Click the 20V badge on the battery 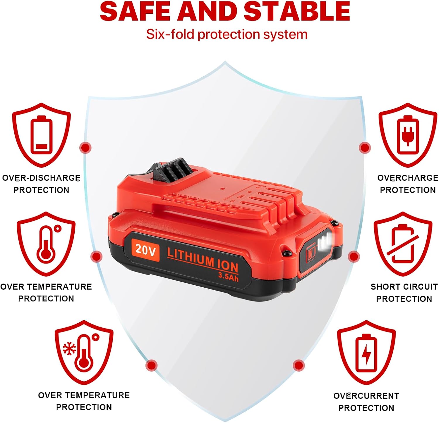point(145,250)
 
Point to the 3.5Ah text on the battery point(228,276)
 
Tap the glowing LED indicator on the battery point(325,242)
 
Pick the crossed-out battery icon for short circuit point(403,243)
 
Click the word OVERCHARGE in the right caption point(408,178)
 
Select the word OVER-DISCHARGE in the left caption point(41,178)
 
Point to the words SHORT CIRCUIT point(404,286)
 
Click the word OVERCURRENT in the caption point(366,396)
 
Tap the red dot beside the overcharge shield point(365,148)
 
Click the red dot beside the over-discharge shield point(85,148)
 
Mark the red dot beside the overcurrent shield point(299,365)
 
